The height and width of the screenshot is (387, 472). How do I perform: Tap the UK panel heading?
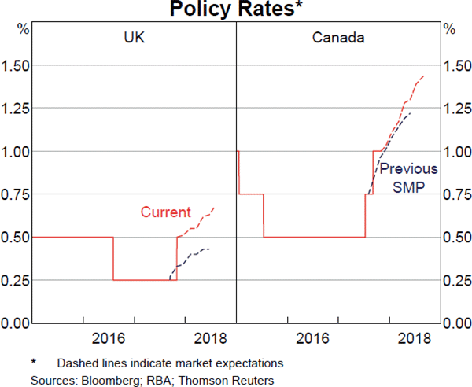click(x=133, y=37)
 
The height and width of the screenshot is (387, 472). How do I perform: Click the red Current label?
click(x=165, y=212)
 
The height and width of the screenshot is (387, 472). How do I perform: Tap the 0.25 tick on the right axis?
click(x=457, y=280)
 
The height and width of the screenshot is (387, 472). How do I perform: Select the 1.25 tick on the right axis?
click(x=457, y=108)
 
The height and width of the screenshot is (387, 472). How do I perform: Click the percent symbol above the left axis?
click(x=24, y=29)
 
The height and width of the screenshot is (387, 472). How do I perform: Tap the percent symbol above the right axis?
click(x=449, y=29)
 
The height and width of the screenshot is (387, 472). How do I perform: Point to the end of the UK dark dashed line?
click(x=210, y=249)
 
